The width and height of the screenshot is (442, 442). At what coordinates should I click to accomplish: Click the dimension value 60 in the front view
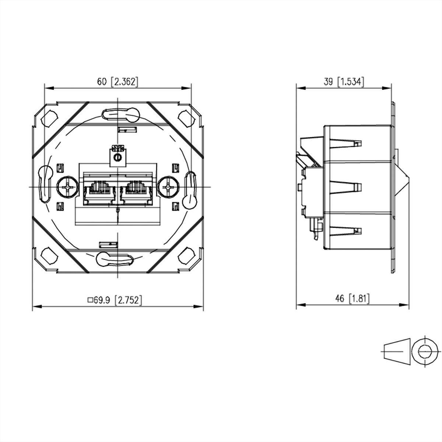pos(102,82)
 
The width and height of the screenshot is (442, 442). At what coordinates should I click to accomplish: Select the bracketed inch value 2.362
pos(124,82)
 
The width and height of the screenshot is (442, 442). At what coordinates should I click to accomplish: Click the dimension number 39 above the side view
pos(328,82)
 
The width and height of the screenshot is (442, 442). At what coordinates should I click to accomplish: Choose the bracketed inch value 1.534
pos(351,82)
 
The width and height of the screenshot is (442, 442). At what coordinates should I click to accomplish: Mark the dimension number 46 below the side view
pos(340,298)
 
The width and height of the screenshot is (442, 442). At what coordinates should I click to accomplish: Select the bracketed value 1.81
pos(359,299)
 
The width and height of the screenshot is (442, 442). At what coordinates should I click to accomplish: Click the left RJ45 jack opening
pos(99,192)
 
